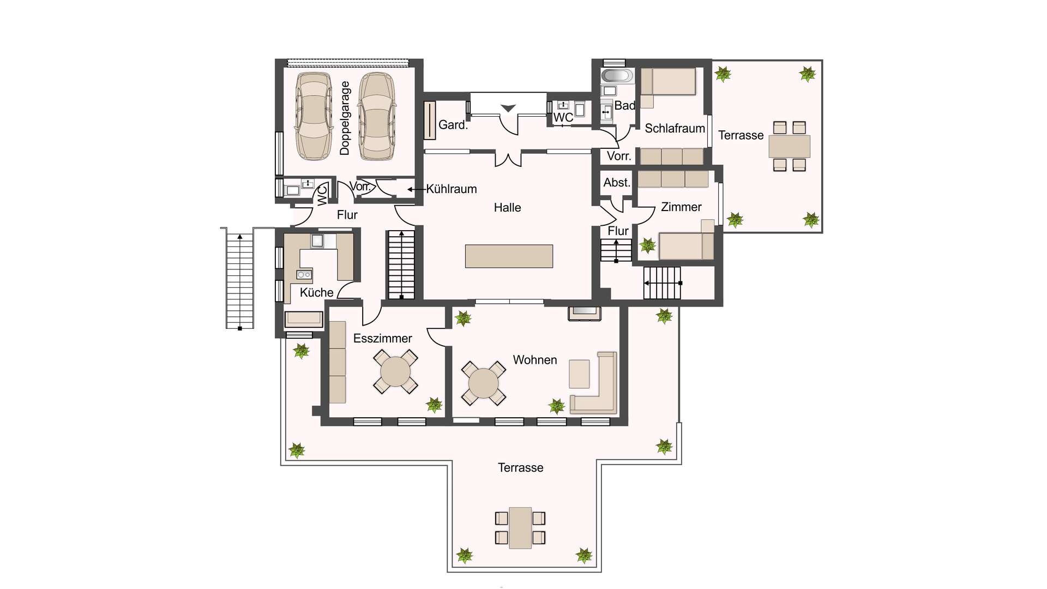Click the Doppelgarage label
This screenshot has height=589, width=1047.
coord(345,118)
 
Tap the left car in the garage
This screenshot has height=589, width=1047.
coord(314,116)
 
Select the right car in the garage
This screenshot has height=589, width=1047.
coord(377,116)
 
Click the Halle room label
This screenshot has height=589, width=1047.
coord(507,208)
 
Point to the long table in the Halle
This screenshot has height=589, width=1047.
coord(509,256)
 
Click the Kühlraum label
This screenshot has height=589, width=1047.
coord(452,189)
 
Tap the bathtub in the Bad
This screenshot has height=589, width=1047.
coord(617,76)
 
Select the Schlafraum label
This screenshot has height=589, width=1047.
coord(675,129)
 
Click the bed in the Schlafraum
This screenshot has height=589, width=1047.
coord(669,82)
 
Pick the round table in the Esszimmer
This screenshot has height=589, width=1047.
coord(395,372)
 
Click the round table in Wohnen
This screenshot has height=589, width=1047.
coord(484,383)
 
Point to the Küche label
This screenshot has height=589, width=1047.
coord(317,293)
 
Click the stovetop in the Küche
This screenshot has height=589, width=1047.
coord(304,274)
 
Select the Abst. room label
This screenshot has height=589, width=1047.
coord(617,183)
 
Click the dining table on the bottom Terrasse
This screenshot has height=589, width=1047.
coord(520,528)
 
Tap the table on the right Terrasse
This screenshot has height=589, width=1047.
coord(790,146)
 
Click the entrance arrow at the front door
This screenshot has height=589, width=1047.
coord(508,109)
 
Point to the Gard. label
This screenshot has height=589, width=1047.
coord(453,125)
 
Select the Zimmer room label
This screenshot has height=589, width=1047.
coord(681,207)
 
